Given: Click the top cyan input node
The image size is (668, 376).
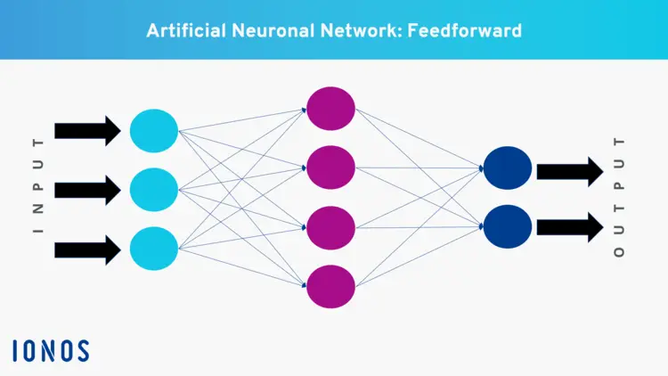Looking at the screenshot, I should click(154, 131).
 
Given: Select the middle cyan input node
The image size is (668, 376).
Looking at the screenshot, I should click(154, 189).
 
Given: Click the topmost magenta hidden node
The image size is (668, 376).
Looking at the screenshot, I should click(331, 109).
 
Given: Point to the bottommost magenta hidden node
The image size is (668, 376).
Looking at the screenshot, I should click(331, 285).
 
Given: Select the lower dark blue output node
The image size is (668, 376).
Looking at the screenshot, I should click(508, 226).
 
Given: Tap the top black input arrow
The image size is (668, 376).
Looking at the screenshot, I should click(87, 131).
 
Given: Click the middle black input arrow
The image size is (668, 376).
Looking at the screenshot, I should click(87, 189).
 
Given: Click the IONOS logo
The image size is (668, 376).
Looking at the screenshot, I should click(52, 350).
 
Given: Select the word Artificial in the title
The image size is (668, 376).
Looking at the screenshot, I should click(181, 29).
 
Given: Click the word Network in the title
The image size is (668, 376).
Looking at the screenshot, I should click(354, 29).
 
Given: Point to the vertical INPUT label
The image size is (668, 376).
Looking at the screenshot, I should click(37, 187).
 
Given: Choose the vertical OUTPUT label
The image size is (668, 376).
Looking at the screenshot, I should click(620, 198).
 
